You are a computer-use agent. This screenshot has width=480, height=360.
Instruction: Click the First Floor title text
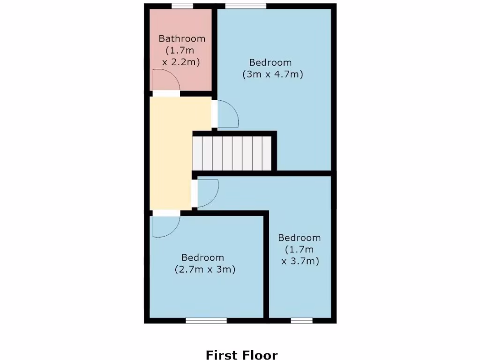(x=241, y=355)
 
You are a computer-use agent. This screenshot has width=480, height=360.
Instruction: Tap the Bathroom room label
(x=182, y=38)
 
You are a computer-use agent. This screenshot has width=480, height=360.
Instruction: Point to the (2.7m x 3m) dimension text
(x=205, y=270)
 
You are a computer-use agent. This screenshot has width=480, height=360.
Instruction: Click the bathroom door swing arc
(x=167, y=80)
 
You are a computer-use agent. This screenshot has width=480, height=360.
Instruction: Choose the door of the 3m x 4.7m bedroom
(x=228, y=114)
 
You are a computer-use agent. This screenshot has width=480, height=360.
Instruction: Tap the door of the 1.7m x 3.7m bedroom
(x=208, y=193)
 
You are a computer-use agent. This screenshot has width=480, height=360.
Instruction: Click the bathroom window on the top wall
(x=182, y=6)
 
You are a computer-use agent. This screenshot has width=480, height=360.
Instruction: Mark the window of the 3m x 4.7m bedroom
(x=246, y=6)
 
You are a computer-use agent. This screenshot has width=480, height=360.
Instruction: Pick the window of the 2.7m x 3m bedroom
(x=206, y=321)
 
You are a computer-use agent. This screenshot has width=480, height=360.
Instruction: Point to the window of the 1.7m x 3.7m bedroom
(x=301, y=321)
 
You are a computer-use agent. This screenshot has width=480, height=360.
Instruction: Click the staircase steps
(x=232, y=153)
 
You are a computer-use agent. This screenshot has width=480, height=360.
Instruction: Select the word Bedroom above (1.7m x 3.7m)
(x=300, y=238)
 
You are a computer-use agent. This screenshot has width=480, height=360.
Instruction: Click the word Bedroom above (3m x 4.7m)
(x=270, y=62)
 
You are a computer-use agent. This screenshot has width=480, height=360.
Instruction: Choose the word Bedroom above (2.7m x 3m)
(x=203, y=257)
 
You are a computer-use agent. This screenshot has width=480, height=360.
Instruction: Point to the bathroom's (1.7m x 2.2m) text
(x=182, y=56)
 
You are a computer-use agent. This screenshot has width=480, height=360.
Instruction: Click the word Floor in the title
(x=261, y=355)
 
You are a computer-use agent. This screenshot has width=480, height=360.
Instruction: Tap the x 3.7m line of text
(x=300, y=262)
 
